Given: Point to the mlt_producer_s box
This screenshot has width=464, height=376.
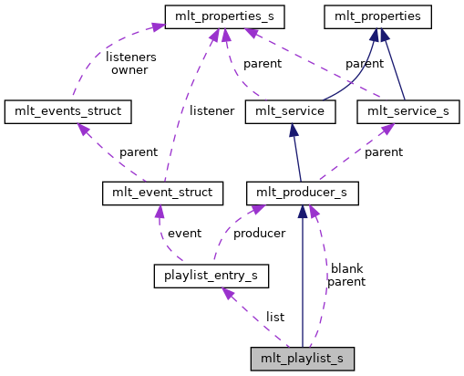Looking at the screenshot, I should click(x=302, y=193).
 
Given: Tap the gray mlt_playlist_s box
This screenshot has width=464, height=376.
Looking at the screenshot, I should click(x=302, y=357).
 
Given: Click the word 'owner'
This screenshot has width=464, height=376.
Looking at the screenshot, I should click(x=129, y=70).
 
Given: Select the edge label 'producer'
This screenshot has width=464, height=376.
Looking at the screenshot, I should click(x=259, y=234).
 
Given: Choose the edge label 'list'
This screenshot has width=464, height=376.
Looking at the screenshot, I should click(x=274, y=317).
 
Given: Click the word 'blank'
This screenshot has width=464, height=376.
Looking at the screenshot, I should click(x=346, y=269).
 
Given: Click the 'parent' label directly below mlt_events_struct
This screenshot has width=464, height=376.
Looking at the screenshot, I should click(x=138, y=152).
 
